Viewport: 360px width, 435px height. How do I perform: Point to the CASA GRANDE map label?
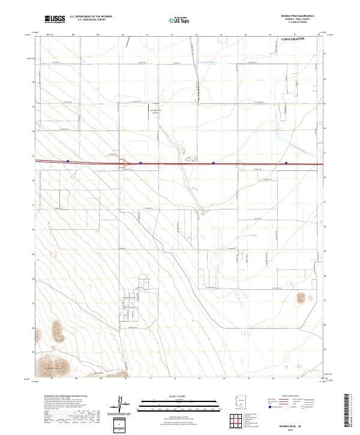click(293, 38)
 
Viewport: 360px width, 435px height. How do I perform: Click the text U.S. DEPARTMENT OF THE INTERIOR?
click(91, 17)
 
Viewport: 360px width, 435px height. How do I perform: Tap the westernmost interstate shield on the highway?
click(68, 161)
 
